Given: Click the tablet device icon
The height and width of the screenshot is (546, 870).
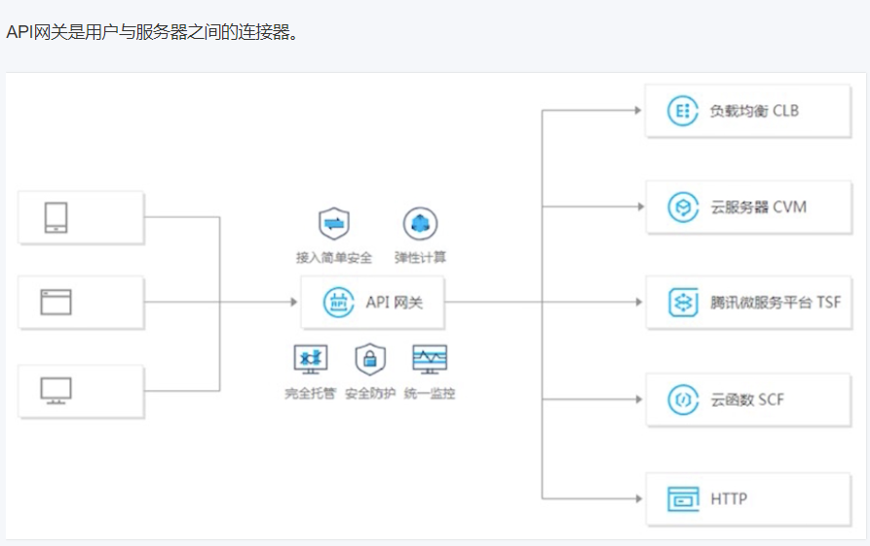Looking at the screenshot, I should point(56,217).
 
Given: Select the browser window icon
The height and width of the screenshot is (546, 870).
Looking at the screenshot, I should point(56,302).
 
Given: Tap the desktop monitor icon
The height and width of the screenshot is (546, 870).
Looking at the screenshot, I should point(56,390).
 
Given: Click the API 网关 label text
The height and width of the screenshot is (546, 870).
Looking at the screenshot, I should point(395,303).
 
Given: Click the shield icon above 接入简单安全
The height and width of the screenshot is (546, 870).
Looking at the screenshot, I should point(334,225).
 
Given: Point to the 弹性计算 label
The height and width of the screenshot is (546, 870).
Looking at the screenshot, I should point(420,258).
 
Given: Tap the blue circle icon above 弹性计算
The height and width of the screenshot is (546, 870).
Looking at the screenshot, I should point(420,225).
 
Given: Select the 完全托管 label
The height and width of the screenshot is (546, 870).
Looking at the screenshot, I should point(310,393).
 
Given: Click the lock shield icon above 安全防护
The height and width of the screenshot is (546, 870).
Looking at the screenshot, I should point(370,359).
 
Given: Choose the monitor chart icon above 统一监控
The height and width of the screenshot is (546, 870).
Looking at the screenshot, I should point(430,359).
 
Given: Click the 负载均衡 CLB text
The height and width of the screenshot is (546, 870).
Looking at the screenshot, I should point(754,111).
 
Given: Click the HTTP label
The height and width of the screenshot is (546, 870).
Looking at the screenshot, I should point(729,499).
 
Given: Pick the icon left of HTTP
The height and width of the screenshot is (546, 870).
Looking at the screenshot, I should point(684,499).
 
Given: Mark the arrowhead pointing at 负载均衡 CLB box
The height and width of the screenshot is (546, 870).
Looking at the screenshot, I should point(638,111).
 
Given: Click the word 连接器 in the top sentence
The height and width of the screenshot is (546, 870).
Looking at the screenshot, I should point(264,32).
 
